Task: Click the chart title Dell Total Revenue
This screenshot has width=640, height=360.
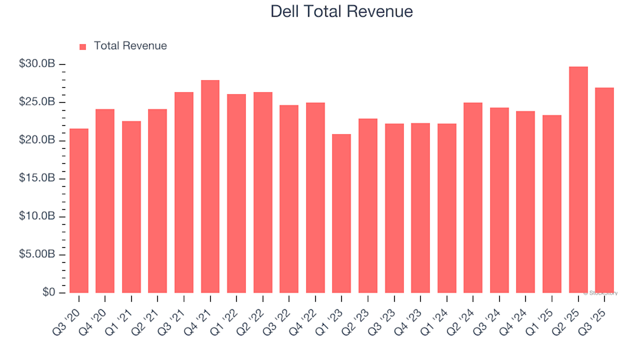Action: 341,11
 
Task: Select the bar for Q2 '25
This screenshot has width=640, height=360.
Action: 579,180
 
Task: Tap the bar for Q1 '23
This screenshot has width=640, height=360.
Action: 341,213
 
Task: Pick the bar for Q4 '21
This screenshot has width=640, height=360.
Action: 210,187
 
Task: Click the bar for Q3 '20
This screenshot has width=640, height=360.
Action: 79,211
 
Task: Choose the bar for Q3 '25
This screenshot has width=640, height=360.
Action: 605,190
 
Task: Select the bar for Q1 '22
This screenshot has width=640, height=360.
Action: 237,193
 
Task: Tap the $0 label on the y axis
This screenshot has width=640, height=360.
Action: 49,293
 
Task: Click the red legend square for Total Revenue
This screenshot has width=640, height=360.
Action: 83,47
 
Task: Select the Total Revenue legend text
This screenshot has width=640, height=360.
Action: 130,46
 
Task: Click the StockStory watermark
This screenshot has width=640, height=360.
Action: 601,293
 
